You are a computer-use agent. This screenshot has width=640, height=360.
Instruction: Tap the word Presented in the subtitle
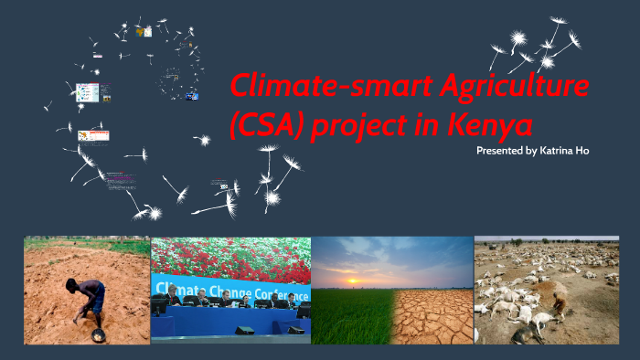point(500,149)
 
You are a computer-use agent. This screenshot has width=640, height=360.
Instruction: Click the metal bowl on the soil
point(97,335)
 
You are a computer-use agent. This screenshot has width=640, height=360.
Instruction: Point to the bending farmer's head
point(72,285)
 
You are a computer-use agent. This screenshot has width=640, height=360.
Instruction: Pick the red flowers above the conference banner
point(229,255)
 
